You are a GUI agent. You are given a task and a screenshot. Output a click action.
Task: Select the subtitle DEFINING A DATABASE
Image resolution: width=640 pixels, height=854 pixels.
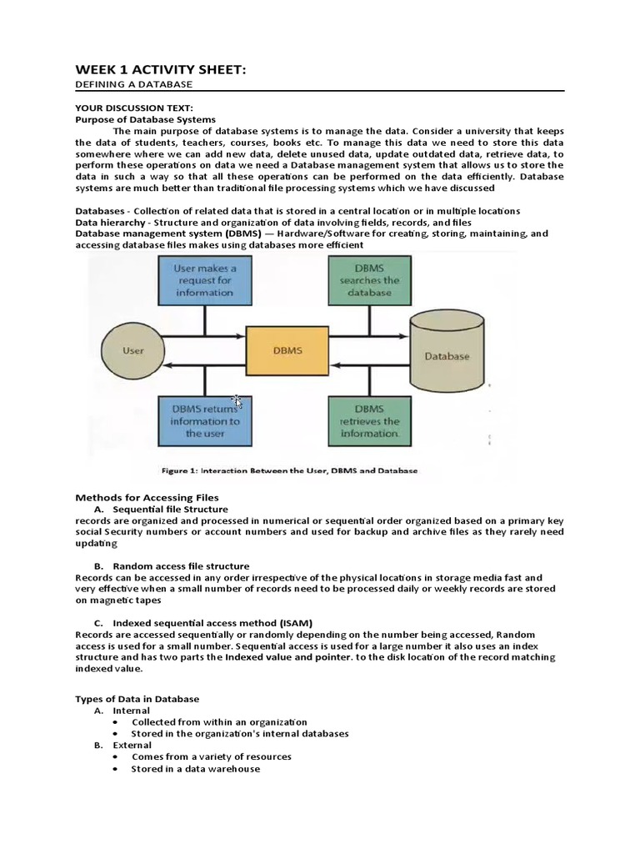[x=133, y=84]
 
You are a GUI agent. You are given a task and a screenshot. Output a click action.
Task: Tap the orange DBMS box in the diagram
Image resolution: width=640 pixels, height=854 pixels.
[x=287, y=350]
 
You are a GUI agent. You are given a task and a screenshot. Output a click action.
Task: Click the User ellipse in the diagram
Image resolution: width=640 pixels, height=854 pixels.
[x=133, y=351]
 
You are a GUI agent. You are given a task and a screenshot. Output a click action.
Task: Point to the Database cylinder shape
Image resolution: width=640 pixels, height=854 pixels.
[x=447, y=355]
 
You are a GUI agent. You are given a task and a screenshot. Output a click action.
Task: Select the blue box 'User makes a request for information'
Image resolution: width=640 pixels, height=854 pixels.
[x=204, y=281]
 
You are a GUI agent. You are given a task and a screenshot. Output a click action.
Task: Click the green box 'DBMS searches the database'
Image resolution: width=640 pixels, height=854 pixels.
[x=369, y=281]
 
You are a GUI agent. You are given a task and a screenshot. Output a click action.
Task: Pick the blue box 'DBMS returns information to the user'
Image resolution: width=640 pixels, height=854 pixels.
[x=204, y=421]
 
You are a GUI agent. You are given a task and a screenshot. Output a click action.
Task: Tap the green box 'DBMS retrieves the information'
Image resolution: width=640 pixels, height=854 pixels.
[x=369, y=421]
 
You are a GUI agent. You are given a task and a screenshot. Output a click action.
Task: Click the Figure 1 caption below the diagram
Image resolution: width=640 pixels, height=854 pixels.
[x=289, y=470]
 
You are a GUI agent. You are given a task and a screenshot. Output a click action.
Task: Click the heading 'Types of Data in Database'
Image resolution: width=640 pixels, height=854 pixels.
[x=137, y=699]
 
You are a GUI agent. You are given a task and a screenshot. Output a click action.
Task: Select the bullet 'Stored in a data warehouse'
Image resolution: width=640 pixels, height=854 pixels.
[x=196, y=769]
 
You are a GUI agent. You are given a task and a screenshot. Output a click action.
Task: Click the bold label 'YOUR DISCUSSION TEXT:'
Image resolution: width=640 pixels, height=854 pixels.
[x=133, y=108]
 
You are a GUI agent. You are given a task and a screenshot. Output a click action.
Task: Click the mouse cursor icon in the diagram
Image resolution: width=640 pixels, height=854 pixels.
[x=237, y=402]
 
